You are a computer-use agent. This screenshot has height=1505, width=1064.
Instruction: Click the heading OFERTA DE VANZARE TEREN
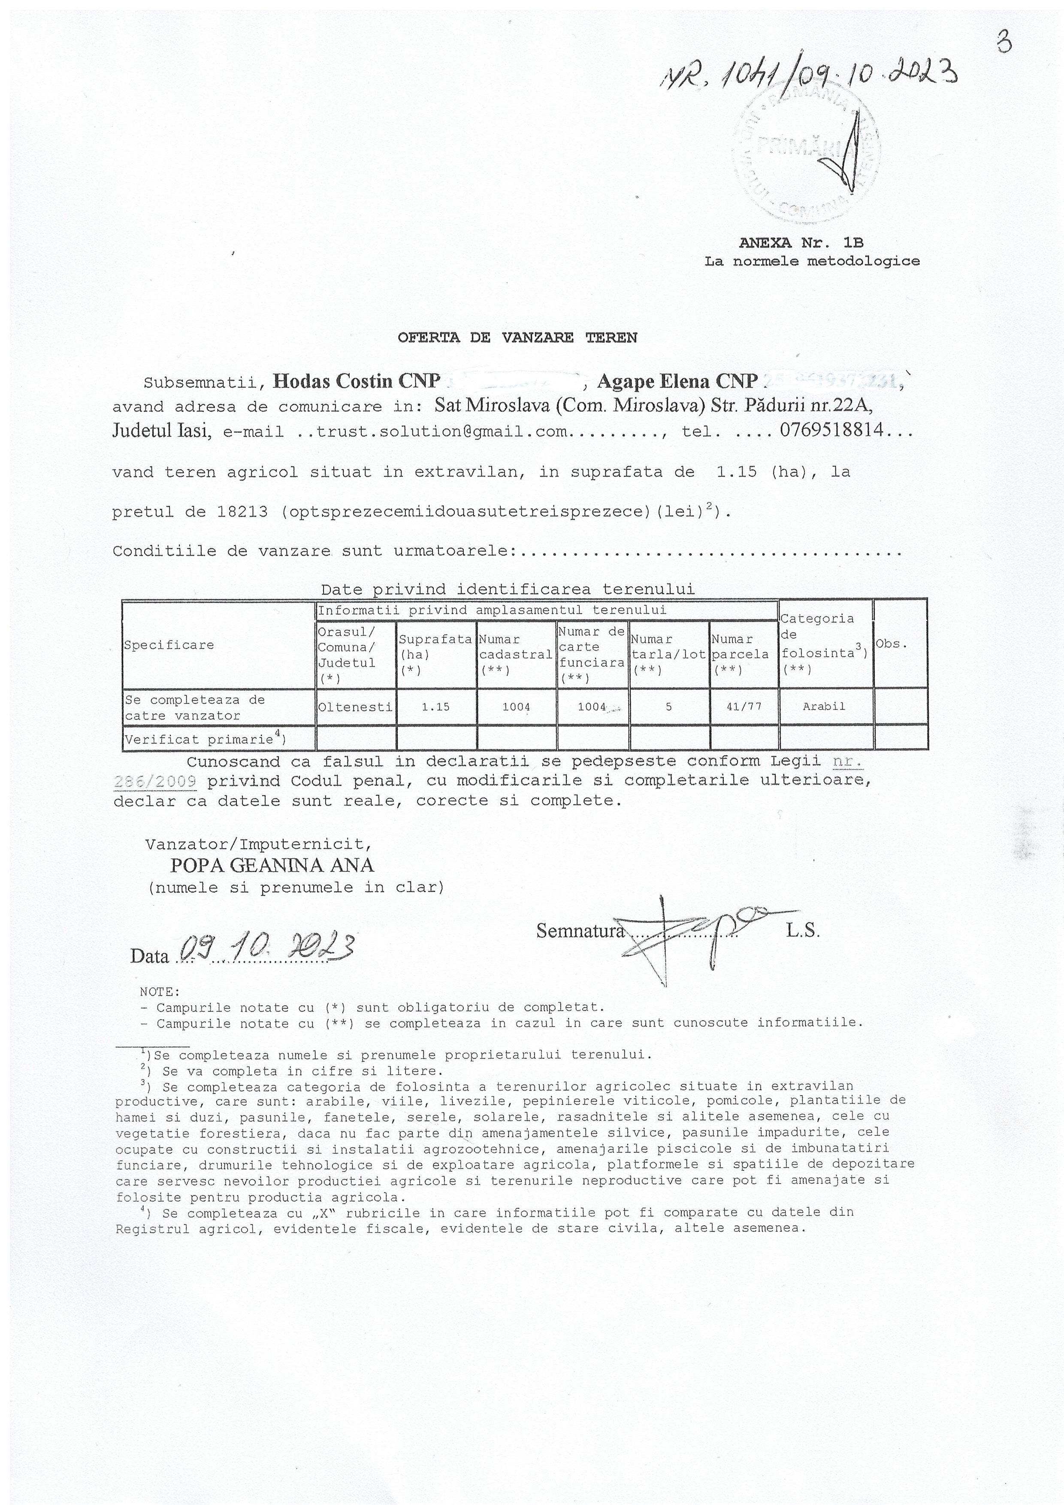(517, 338)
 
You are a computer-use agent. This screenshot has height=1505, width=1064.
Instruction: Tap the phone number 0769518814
(832, 431)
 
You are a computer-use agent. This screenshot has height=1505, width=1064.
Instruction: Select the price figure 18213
(242, 512)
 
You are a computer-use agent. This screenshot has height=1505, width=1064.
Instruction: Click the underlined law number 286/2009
(155, 781)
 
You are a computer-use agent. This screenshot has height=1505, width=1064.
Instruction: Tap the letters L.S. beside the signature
(803, 931)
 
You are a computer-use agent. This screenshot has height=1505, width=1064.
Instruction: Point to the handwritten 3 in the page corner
(1004, 43)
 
